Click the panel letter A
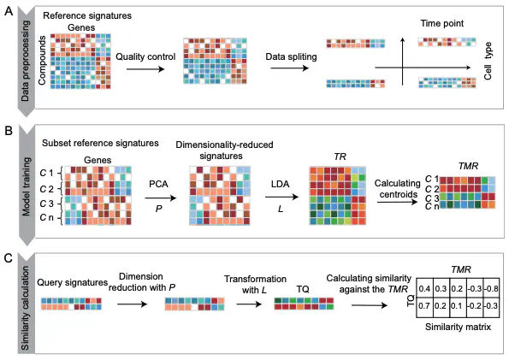click(9, 11)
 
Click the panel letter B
click(9, 131)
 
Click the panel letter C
click(9, 258)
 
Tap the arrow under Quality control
click(145, 68)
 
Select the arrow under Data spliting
click(289, 68)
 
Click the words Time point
click(442, 23)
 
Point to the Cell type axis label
click(488, 61)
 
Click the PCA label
click(158, 184)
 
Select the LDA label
click(280, 184)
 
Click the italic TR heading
click(340, 156)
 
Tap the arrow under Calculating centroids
click(397, 202)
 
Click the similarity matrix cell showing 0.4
click(424, 288)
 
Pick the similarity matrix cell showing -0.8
click(491, 288)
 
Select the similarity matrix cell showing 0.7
click(424, 307)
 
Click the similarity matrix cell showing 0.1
click(458, 307)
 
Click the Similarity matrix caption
click(458, 327)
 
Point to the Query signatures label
click(73, 282)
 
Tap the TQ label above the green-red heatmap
click(303, 289)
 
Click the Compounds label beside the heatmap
click(42, 61)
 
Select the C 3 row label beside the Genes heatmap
click(46, 204)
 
